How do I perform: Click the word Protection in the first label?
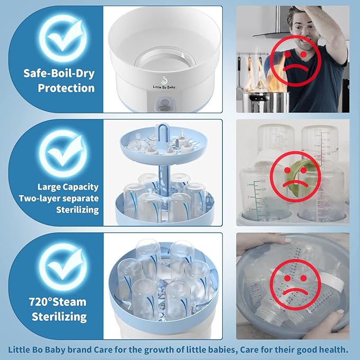pos(66,87)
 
